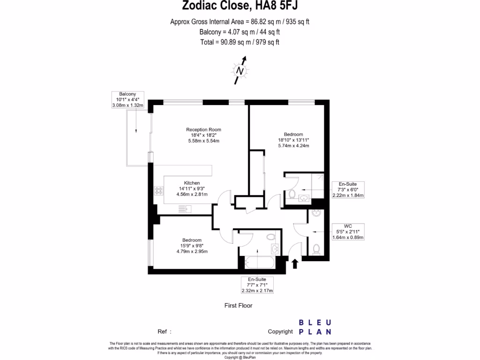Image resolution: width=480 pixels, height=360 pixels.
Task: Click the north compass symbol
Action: click(x=240, y=71)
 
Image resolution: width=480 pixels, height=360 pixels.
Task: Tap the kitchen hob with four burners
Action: click(x=158, y=191)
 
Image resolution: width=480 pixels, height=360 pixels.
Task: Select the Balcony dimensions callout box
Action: click(x=128, y=100)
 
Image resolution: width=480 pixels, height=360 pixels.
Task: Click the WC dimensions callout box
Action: click(x=347, y=232)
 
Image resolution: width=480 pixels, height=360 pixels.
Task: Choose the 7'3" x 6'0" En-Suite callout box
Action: click(x=348, y=190)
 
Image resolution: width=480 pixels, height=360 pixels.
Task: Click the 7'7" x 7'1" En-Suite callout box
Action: click(x=257, y=285)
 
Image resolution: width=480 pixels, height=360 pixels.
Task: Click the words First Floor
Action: click(x=239, y=306)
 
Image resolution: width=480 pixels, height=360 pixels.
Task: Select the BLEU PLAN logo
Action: click(x=315, y=327)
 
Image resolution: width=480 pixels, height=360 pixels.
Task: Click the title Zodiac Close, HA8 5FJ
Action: click(x=240, y=6)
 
